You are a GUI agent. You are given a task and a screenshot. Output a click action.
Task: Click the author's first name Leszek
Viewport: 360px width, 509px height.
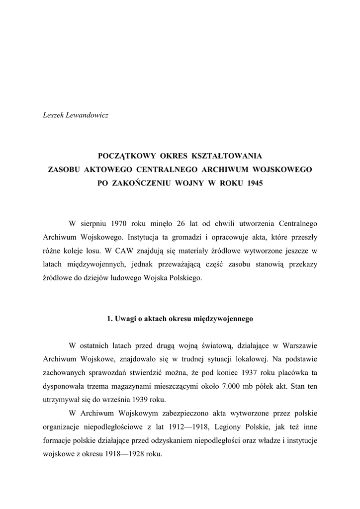coord(54,115)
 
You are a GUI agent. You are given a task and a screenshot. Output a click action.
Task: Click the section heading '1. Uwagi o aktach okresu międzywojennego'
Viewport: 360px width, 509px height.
coord(180,319)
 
